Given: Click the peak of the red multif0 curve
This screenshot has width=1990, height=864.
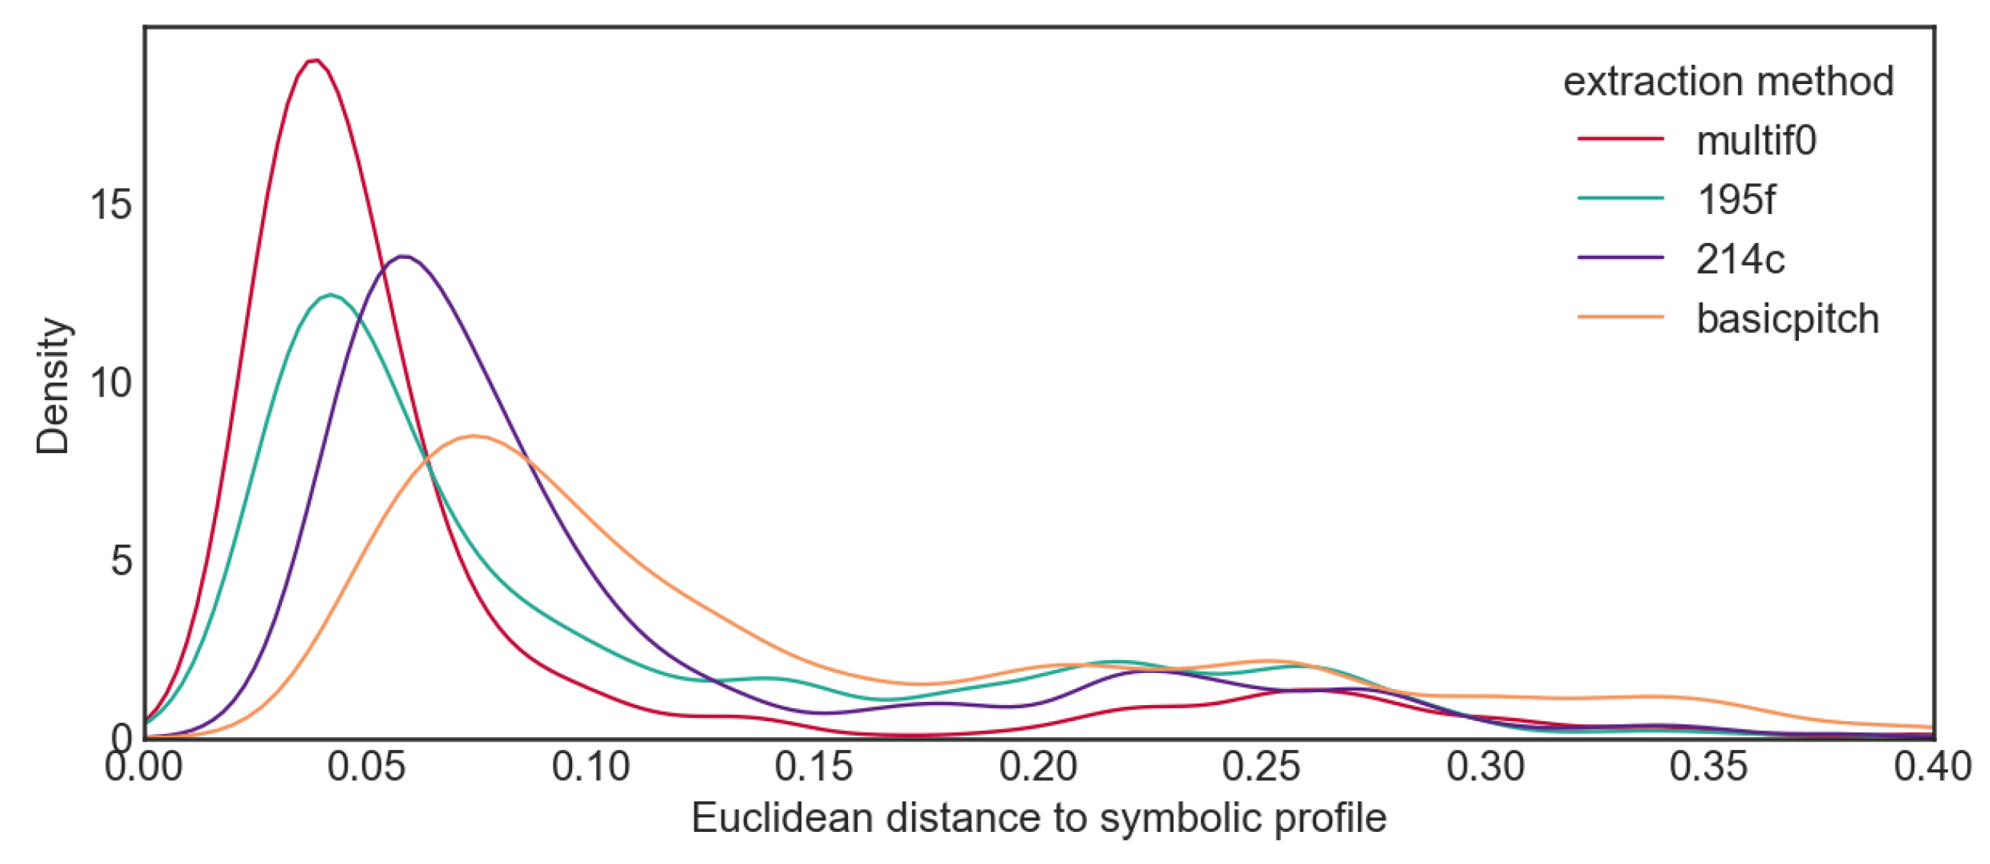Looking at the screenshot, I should (314, 60).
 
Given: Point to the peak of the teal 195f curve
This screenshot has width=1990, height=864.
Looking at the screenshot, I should (331, 294).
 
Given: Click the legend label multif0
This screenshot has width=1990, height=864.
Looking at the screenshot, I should (1756, 141).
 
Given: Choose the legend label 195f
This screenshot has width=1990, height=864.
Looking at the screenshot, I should (1735, 200).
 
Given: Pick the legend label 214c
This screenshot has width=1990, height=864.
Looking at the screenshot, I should (1739, 260).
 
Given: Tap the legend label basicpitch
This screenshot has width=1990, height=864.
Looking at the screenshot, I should (1787, 319).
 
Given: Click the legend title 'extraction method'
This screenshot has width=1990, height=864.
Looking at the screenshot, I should (1728, 81).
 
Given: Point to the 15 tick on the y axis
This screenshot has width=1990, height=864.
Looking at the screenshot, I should (111, 205).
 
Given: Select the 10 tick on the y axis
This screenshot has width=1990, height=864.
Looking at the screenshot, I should (111, 383).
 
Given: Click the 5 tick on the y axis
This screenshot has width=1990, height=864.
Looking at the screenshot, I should (121, 560).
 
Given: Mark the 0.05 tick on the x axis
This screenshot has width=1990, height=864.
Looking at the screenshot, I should (366, 768).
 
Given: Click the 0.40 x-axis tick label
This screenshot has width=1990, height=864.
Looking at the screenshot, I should (1931, 768).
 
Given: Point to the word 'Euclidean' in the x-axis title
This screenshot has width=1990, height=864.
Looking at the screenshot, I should (781, 818).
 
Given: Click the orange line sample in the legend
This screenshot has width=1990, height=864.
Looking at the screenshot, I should (1620, 317).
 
